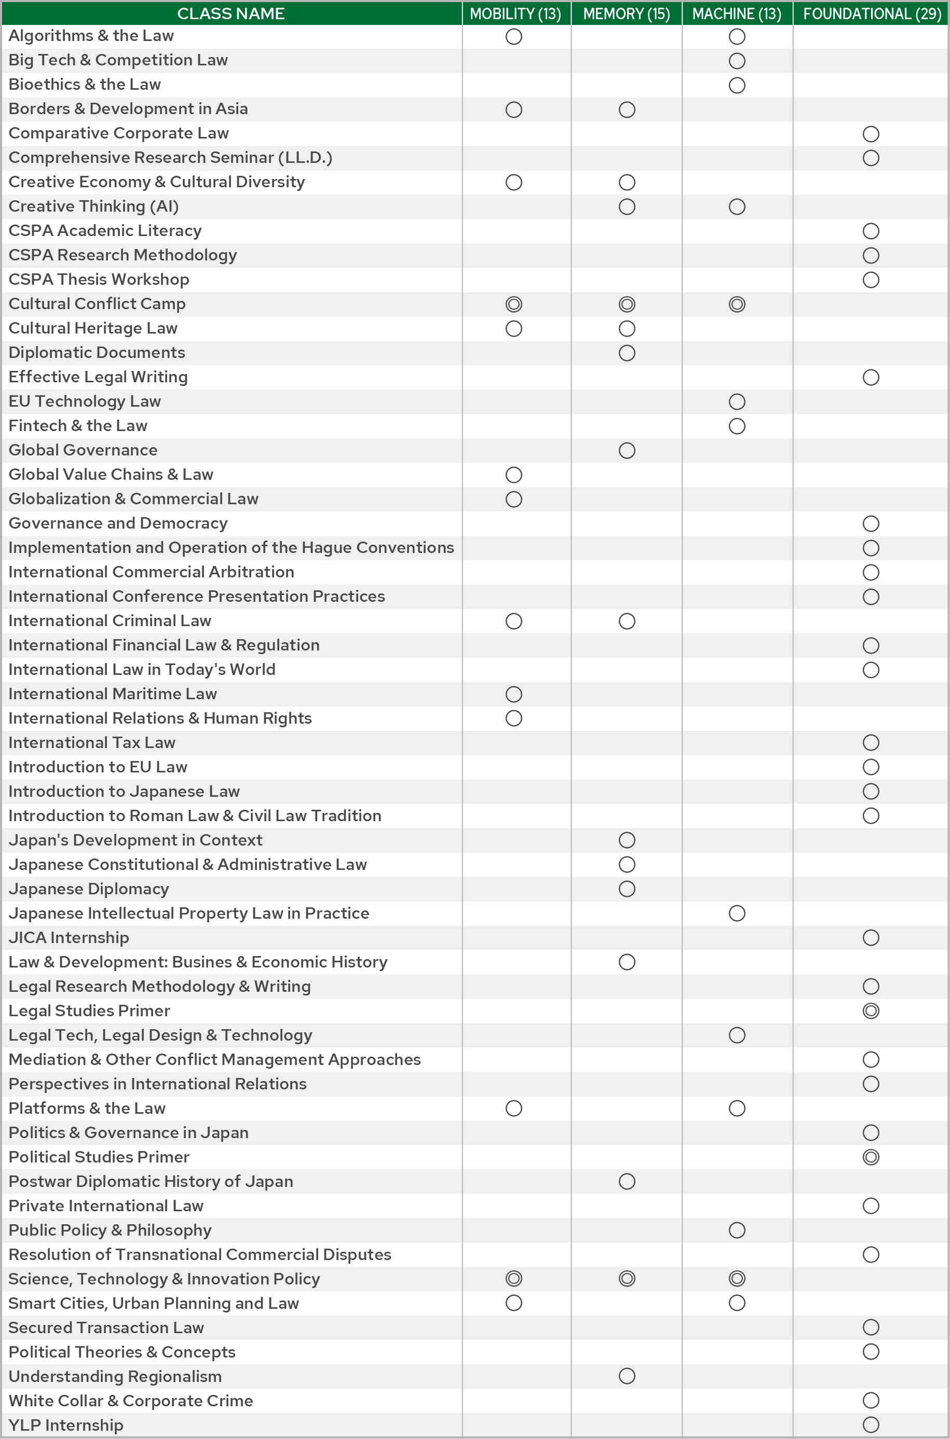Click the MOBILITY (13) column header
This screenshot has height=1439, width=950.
pyautogui.click(x=515, y=14)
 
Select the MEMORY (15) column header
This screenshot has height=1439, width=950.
pyautogui.click(x=627, y=14)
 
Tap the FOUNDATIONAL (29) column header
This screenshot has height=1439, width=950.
pyautogui.click(x=871, y=14)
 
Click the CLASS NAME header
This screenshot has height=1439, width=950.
pyautogui.click(x=231, y=14)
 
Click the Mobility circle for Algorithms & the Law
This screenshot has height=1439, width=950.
pyautogui.click(x=514, y=37)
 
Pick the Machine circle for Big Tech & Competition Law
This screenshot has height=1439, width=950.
pyautogui.click(x=737, y=61)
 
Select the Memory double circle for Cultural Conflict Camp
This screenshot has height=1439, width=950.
pyautogui.click(x=627, y=305)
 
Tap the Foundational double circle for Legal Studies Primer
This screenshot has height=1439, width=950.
pyautogui.click(x=871, y=1011)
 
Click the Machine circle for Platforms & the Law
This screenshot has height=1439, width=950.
pyautogui.click(x=737, y=1109)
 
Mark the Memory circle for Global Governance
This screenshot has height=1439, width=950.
pyautogui.click(x=627, y=450)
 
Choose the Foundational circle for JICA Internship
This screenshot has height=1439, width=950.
pyautogui.click(x=871, y=938)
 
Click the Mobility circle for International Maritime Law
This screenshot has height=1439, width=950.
pyautogui.click(x=514, y=695)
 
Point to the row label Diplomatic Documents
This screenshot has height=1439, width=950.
pyautogui.click(x=97, y=353)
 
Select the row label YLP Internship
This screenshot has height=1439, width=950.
pyautogui.click(x=66, y=1425)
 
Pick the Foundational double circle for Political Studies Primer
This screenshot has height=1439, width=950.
pyautogui.click(x=871, y=1157)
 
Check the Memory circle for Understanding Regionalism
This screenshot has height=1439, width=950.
pyautogui.click(x=627, y=1376)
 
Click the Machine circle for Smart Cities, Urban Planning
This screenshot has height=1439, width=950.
pyautogui.click(x=737, y=1303)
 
